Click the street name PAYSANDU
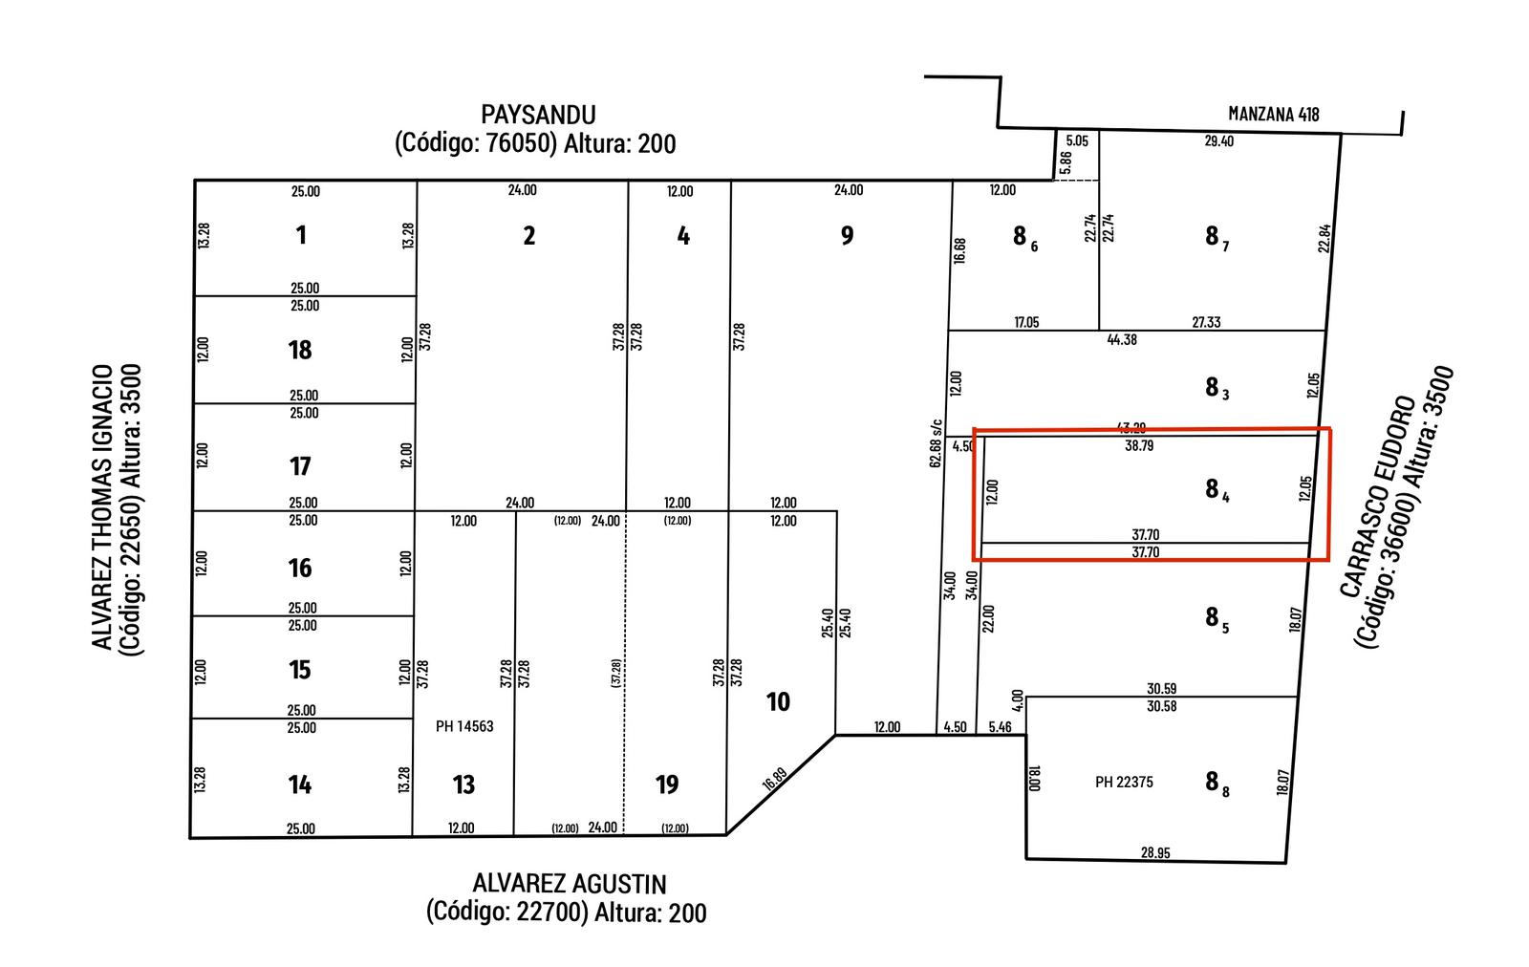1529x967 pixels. click(x=539, y=115)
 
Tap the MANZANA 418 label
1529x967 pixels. click(x=1274, y=114)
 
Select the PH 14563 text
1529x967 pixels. click(x=464, y=726)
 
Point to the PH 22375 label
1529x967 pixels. click(x=1124, y=782)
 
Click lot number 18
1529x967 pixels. click(x=300, y=350)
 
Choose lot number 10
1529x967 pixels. click(x=778, y=701)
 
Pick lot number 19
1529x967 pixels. click(x=667, y=784)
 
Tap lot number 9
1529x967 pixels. click(x=847, y=235)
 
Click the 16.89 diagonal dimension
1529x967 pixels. click(x=775, y=780)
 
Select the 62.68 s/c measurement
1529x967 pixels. click(x=936, y=443)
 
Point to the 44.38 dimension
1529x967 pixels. click(x=1122, y=340)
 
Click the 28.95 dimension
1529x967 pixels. click(x=1155, y=852)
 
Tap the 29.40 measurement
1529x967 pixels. click(x=1219, y=141)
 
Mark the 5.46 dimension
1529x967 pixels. click(x=1000, y=727)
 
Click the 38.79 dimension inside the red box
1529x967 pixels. click(x=1139, y=445)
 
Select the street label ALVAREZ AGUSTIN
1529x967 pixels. click(x=570, y=885)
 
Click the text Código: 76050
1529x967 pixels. click(x=477, y=144)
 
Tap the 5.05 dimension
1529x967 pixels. click(x=1077, y=141)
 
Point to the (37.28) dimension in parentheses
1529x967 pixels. click(x=616, y=673)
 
